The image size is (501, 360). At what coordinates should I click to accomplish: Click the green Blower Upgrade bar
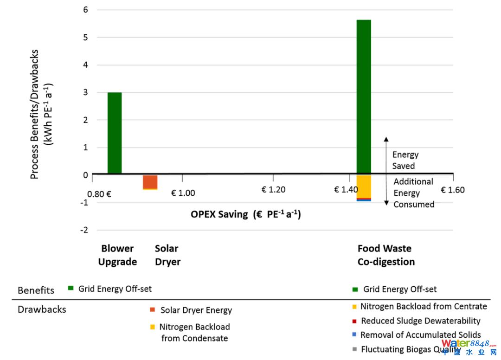(x=115, y=133)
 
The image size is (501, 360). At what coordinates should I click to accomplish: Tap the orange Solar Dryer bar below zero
(x=150, y=181)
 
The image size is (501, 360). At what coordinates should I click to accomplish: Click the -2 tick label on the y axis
(x=84, y=230)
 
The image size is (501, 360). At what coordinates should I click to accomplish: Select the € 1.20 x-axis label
(x=273, y=190)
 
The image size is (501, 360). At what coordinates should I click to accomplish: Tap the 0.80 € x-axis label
(x=99, y=193)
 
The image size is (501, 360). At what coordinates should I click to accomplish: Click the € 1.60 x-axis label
(x=452, y=190)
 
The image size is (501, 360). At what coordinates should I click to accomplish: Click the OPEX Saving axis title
(x=245, y=215)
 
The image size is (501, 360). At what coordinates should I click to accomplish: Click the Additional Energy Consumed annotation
(x=414, y=193)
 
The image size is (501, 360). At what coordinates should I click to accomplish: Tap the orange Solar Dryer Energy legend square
(x=152, y=310)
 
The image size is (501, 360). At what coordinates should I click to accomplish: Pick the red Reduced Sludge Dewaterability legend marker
(x=355, y=321)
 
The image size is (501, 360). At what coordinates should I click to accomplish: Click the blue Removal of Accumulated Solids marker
(x=355, y=334)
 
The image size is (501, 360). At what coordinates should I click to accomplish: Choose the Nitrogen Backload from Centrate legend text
(x=424, y=307)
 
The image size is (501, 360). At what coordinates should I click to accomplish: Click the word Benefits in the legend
(x=36, y=290)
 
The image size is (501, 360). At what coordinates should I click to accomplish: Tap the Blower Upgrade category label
(x=117, y=255)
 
